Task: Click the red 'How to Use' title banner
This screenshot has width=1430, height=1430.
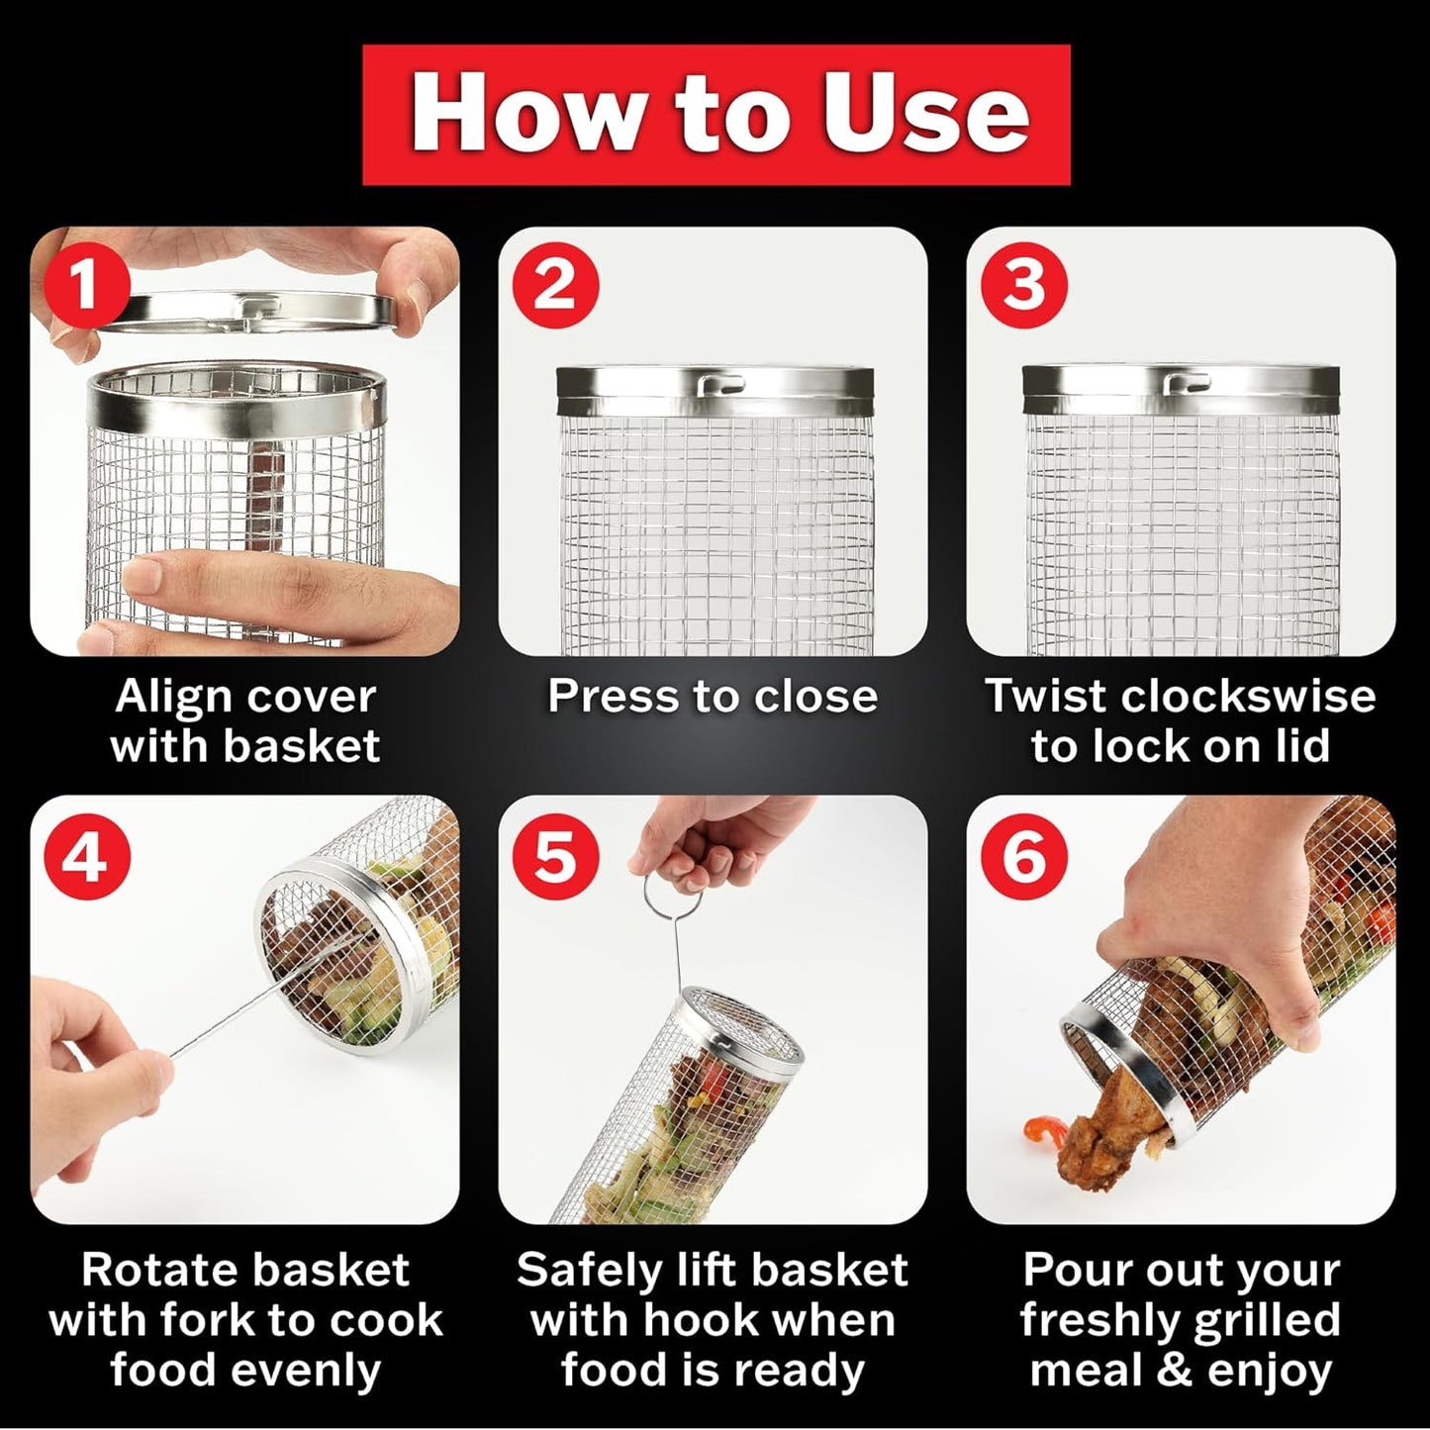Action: point(715,115)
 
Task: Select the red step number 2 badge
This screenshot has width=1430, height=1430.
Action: point(555,286)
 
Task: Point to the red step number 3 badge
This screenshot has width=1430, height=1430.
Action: point(1023,286)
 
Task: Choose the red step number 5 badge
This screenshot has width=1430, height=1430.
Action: point(555,854)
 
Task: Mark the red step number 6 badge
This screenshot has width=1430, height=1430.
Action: point(1023,854)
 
